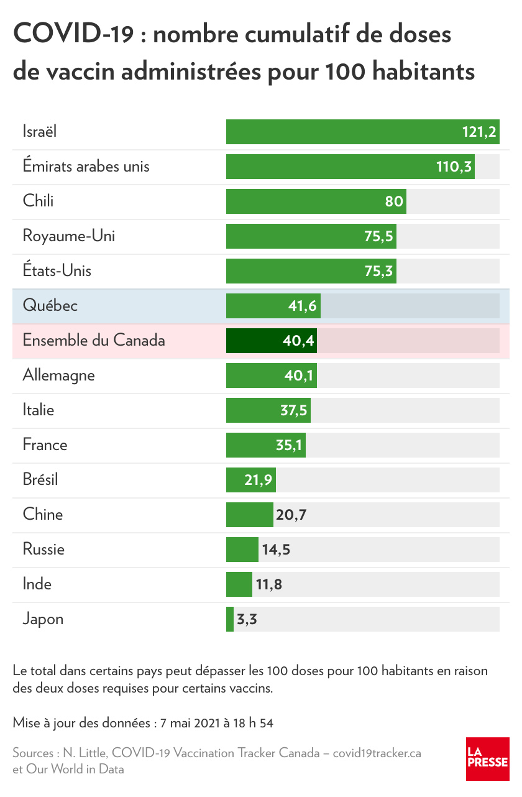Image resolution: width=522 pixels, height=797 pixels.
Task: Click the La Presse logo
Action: (x=487, y=758)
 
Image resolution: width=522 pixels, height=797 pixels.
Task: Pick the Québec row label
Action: (x=50, y=306)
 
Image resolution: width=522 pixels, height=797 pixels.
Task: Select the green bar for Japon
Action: (x=230, y=619)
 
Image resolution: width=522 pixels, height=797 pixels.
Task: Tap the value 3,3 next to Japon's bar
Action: (x=247, y=619)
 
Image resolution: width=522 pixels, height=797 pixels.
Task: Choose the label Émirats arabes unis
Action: (x=86, y=167)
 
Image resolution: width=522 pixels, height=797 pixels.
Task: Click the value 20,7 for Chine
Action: (x=292, y=515)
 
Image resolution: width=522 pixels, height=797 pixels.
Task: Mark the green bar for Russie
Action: (x=242, y=550)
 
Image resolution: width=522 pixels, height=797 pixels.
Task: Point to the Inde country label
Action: (x=37, y=584)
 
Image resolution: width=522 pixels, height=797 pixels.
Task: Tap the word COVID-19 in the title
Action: (x=73, y=34)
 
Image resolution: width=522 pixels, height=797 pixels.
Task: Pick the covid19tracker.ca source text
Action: (x=377, y=753)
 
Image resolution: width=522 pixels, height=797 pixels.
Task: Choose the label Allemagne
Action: (x=58, y=375)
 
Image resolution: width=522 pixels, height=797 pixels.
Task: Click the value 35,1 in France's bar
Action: (x=287, y=445)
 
